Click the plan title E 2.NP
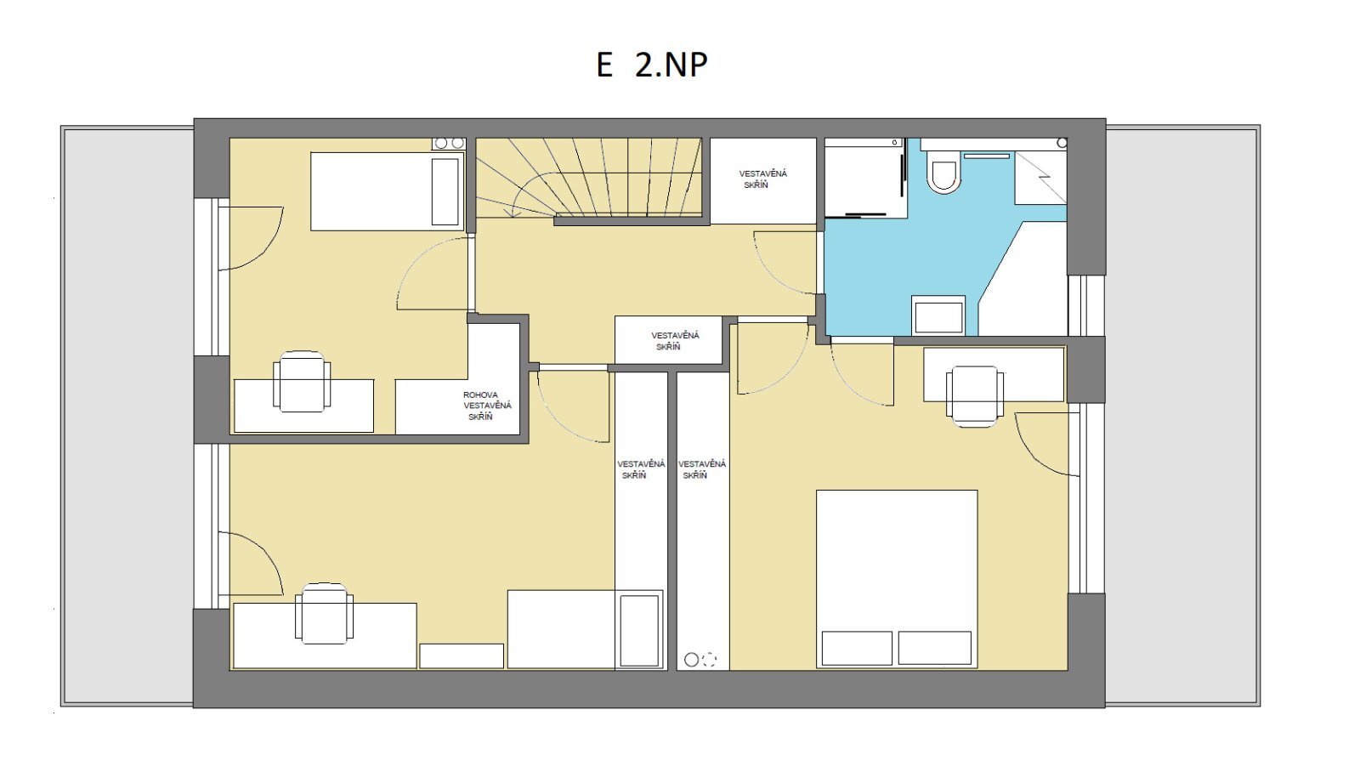(x=652, y=65)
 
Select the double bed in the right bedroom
(x=897, y=579)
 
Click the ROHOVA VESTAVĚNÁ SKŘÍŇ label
(x=487, y=406)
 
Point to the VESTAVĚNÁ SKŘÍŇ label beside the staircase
(x=762, y=179)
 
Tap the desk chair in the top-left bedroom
(x=302, y=382)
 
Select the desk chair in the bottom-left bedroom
(x=324, y=614)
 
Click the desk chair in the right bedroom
(x=975, y=397)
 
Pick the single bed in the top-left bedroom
(x=388, y=191)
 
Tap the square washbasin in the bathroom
(x=938, y=315)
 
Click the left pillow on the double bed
(x=857, y=648)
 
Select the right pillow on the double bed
(x=935, y=648)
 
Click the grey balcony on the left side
(x=127, y=417)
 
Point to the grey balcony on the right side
(x=1182, y=416)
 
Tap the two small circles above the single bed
(x=449, y=144)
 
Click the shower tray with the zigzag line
(x=1040, y=178)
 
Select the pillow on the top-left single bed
(x=445, y=192)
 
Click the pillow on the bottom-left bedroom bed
(x=639, y=631)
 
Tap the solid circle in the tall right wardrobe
(x=691, y=660)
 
